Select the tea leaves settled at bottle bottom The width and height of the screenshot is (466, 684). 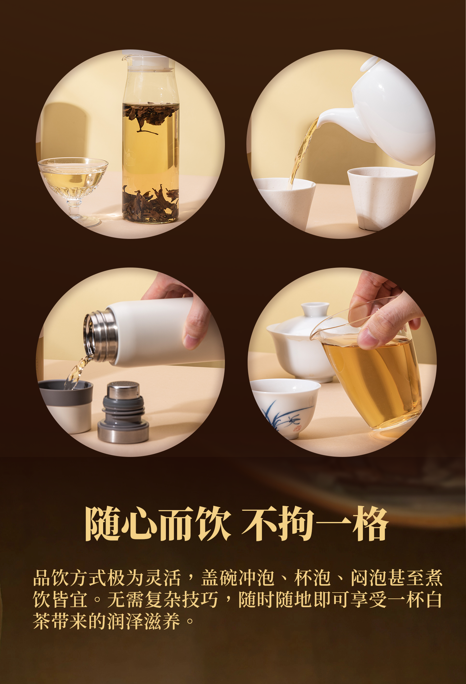coord(150,203)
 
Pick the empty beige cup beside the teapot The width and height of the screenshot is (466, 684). coord(382,198)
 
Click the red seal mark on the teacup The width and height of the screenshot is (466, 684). coord(297,428)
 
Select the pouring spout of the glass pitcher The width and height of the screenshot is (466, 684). coord(316,334)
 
